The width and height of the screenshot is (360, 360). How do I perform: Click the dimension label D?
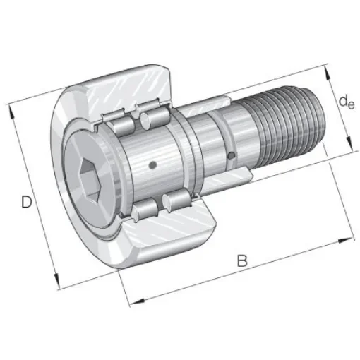pyautogui.click(x=26, y=203)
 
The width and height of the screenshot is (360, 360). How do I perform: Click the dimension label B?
pyautogui.click(x=241, y=260)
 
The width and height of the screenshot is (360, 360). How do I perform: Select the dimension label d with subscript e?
pyautogui.click(x=346, y=103)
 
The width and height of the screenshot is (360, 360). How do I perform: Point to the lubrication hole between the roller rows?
pyautogui.click(x=152, y=165)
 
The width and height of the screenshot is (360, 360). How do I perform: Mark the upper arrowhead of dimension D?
pyautogui.click(x=10, y=108)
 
